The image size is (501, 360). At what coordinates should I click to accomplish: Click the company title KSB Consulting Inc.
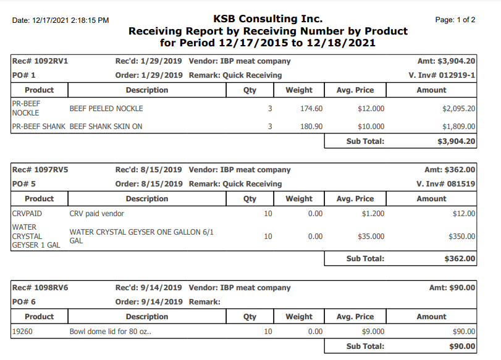click(x=267, y=19)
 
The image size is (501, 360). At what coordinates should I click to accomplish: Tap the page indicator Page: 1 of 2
click(x=455, y=20)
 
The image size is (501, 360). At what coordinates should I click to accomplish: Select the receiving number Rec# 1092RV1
click(x=40, y=61)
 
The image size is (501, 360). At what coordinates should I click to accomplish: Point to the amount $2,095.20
click(x=458, y=109)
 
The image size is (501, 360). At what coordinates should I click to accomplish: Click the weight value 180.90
click(x=311, y=127)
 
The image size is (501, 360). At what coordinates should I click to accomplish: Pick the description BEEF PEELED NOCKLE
click(x=106, y=109)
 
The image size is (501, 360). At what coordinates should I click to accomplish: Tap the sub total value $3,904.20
click(x=456, y=141)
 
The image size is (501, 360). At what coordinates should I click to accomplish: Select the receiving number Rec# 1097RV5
click(x=40, y=170)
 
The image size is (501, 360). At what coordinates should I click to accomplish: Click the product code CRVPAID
click(x=27, y=214)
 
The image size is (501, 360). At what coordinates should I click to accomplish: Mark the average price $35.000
click(x=371, y=237)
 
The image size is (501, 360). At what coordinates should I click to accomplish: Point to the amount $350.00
click(x=461, y=237)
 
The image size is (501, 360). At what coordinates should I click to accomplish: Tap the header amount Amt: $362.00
click(x=450, y=170)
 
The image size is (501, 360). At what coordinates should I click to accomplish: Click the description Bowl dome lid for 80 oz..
click(x=111, y=332)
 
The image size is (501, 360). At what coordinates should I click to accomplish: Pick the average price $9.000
click(x=373, y=332)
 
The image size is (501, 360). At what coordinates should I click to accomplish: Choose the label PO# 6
click(x=24, y=302)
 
